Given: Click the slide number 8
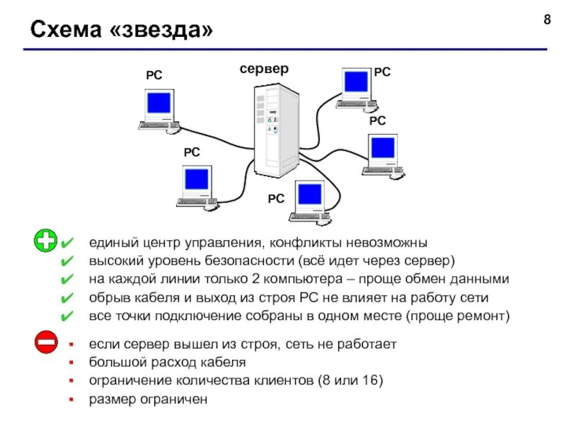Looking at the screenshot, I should (x=546, y=19).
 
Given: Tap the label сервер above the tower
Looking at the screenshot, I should (x=264, y=69).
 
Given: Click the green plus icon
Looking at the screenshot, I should (x=46, y=241).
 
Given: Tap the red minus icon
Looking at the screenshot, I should (x=46, y=343).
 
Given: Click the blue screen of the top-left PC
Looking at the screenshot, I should (x=158, y=103).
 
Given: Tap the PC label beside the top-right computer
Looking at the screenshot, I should (x=382, y=72).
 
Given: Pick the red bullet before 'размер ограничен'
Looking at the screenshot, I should (x=70, y=399).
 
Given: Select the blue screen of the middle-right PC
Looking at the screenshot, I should (x=383, y=147).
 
